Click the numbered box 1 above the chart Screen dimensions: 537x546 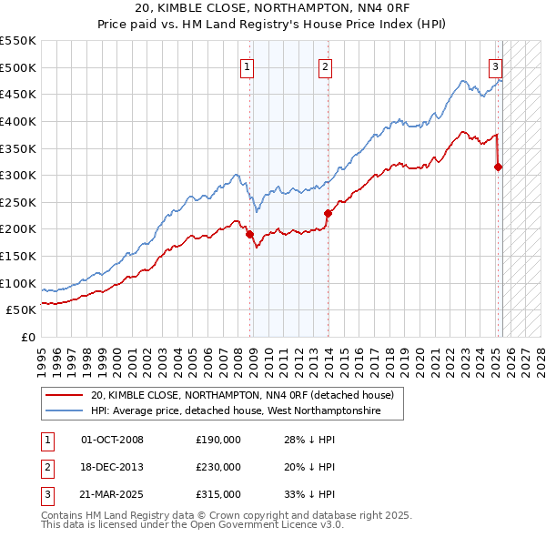(248, 66)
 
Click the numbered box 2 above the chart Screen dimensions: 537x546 (325, 66)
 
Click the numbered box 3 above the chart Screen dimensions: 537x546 (495, 66)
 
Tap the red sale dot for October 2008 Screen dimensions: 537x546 (249, 234)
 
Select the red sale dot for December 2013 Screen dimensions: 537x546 (328, 213)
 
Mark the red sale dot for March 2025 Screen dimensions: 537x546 (498, 167)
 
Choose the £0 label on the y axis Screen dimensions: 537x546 (27, 337)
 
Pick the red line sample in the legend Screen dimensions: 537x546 (65, 396)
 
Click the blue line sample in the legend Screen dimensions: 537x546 (65, 411)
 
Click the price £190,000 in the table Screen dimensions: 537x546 (218, 440)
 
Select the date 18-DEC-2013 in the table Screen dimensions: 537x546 (113, 467)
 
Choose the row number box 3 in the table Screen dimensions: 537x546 (47, 494)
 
